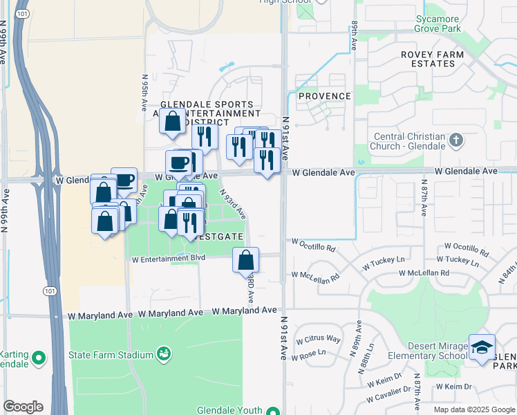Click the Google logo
point(23,407)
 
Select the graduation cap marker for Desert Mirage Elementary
point(482,347)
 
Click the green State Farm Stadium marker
point(164,355)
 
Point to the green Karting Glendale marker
point(39,358)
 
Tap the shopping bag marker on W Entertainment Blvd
point(245,261)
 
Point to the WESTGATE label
point(220,237)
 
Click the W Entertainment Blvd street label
point(169,259)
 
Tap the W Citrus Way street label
point(318,339)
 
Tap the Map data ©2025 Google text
point(473,409)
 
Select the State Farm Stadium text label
point(111,356)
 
